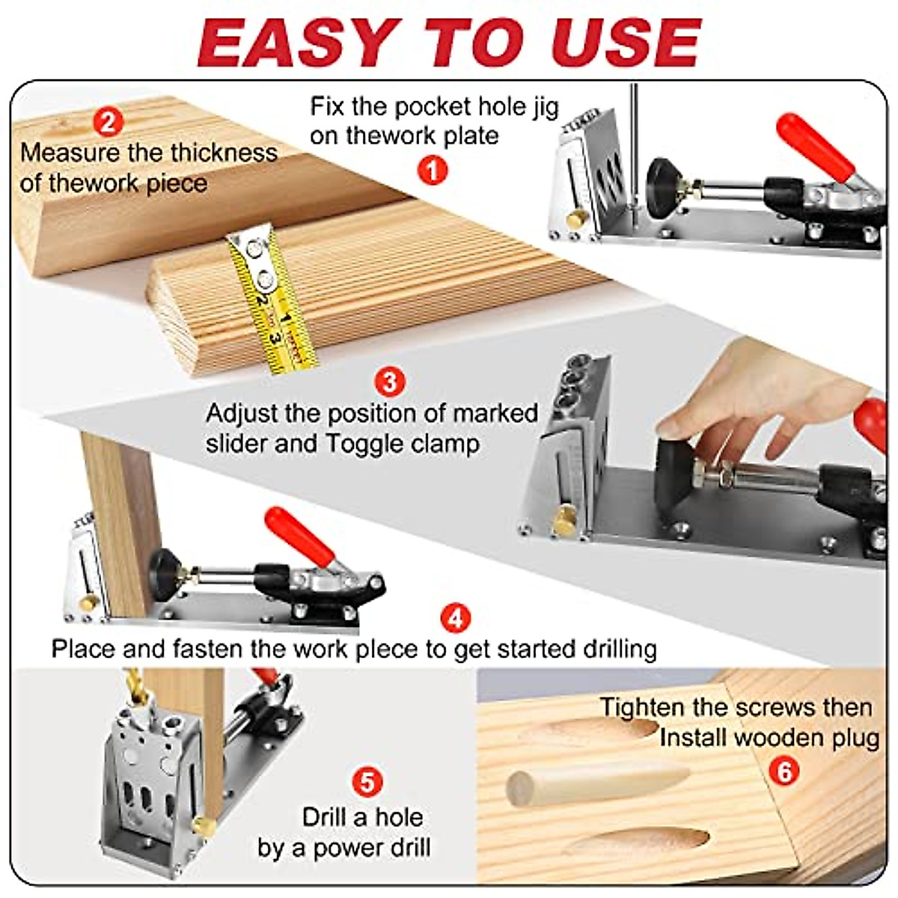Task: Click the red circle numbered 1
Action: coord(432,170)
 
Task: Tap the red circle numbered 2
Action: coord(109,121)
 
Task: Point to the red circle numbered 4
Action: coord(456,618)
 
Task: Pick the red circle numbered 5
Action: coord(367,783)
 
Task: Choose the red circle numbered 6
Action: coord(784,771)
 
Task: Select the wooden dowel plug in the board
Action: coord(591,782)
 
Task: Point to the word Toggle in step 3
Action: coord(365,444)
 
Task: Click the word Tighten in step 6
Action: coord(642,707)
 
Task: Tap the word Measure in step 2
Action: coord(70,153)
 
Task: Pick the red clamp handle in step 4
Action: coord(299,536)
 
